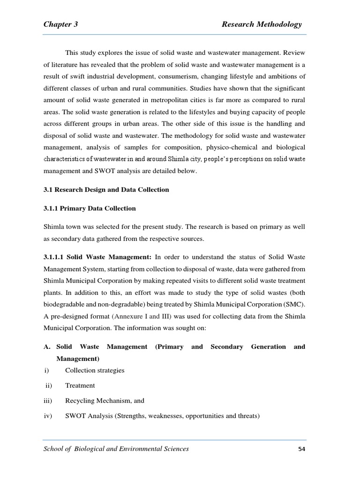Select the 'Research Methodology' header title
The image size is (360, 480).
(x=262, y=24)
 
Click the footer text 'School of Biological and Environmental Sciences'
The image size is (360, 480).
(x=116, y=449)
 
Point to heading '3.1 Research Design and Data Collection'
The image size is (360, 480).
(x=106, y=190)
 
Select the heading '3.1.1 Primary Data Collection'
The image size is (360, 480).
(x=89, y=208)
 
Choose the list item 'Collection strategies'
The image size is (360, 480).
(x=95, y=370)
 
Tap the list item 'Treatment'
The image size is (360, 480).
(x=80, y=385)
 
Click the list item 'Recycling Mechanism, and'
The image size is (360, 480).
(x=105, y=401)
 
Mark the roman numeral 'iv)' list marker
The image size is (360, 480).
(x=47, y=416)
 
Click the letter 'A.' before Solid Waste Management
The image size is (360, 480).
(x=47, y=347)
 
